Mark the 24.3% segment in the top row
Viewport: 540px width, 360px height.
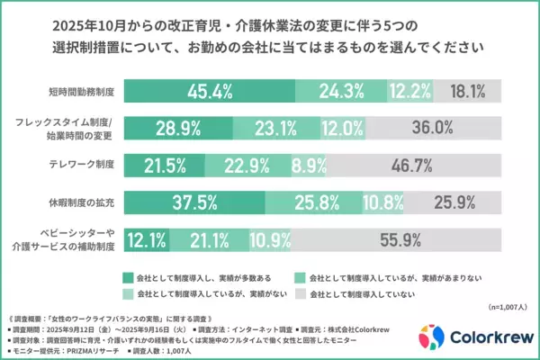coord(341,90)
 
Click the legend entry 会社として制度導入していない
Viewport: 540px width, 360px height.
coord(376,293)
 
